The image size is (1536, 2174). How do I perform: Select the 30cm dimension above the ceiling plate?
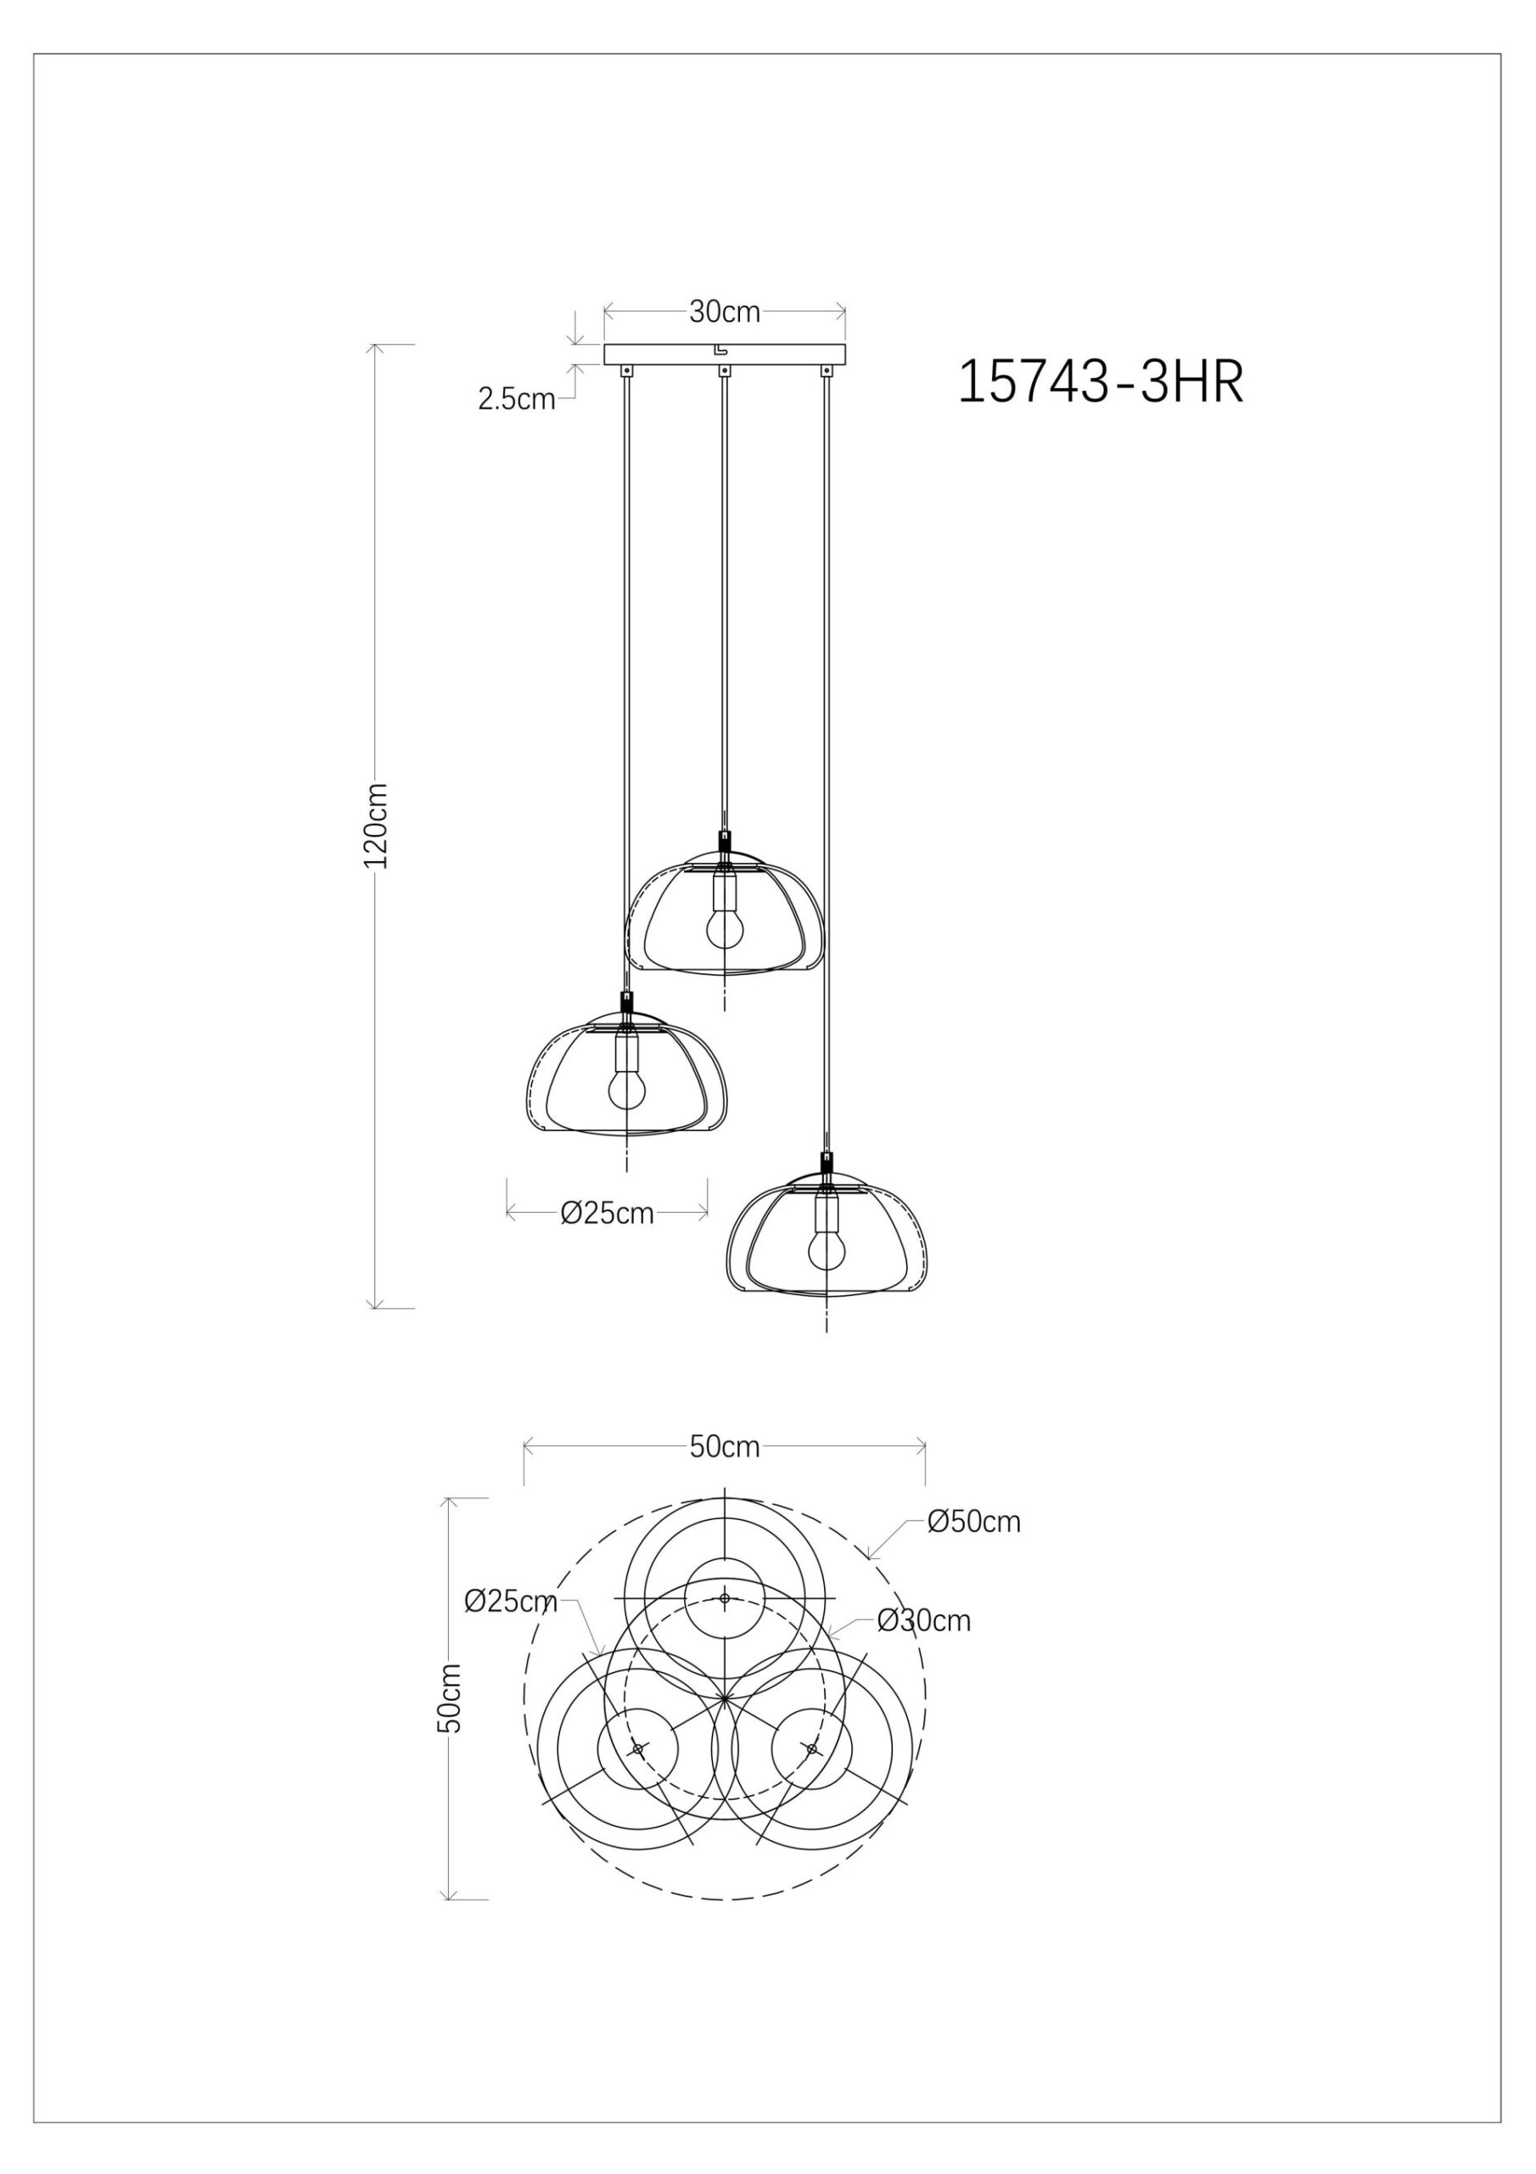[x=724, y=312]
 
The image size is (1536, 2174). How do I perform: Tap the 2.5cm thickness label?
[x=516, y=400]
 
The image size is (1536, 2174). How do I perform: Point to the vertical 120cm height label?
[x=377, y=825]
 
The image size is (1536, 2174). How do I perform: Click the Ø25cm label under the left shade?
[x=607, y=1213]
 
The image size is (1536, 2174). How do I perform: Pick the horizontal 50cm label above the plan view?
[x=724, y=1447]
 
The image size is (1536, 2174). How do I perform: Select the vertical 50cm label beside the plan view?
[x=452, y=1698]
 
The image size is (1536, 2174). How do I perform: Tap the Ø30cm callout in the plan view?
[x=923, y=1620]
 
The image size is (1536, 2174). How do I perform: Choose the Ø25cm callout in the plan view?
[x=509, y=1601]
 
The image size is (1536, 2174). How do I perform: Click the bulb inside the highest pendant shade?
[x=724, y=930]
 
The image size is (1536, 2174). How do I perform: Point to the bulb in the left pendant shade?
[x=625, y=1090]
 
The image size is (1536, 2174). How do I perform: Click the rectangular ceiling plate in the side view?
[x=663, y=354]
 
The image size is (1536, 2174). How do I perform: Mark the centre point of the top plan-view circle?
[x=724, y=1598]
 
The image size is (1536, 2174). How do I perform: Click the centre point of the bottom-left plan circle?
[x=638, y=1749]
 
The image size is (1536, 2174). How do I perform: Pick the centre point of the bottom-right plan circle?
[x=811, y=1749]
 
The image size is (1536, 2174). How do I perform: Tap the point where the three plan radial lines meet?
[x=724, y=1698]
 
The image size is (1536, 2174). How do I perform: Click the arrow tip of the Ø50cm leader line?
[x=869, y=1557]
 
